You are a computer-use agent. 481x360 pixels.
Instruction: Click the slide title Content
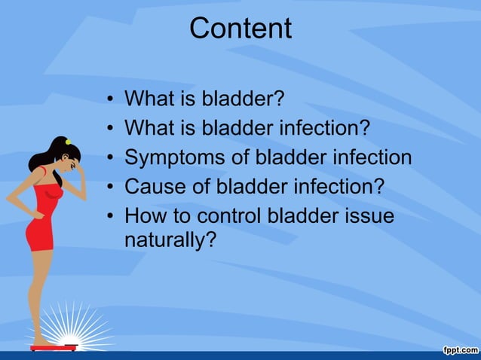click(240, 29)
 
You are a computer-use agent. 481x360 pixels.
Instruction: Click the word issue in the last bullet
click(369, 217)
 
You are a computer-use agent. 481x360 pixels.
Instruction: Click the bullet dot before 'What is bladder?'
click(110, 99)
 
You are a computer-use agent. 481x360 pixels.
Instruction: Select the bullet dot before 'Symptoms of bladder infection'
click(110, 158)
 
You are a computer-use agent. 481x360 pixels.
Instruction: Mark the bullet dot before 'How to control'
click(110, 217)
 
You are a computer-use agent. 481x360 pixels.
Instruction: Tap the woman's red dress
click(41, 218)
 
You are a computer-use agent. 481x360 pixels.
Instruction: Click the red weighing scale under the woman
click(54, 346)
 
